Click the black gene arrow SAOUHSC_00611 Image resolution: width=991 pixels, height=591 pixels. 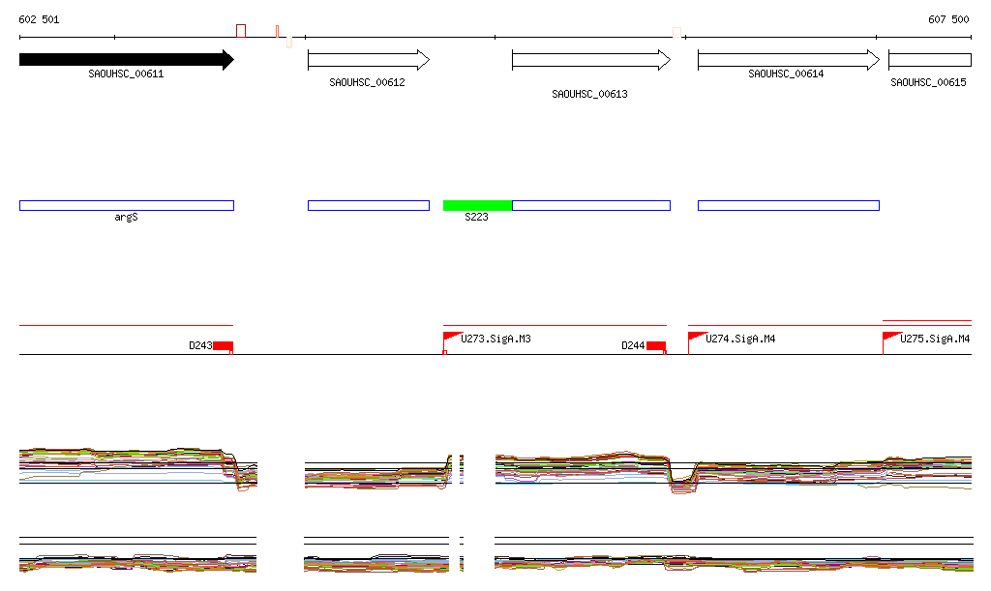[126, 60]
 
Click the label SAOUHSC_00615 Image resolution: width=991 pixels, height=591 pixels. [928, 83]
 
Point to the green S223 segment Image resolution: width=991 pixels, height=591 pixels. [477, 205]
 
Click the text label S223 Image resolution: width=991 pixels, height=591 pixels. [476, 218]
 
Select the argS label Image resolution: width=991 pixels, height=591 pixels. [127, 218]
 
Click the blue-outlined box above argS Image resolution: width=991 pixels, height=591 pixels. [126, 205]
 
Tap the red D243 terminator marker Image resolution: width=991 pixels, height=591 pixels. [224, 346]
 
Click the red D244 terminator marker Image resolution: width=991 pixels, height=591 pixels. [656, 346]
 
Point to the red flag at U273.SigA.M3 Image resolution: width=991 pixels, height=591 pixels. [450, 337]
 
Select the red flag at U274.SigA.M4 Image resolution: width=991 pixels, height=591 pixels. [695, 337]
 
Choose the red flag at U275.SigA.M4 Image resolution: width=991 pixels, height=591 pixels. [889, 337]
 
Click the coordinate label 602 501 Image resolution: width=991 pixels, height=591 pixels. [40, 19]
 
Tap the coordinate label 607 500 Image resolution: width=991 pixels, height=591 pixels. [948, 19]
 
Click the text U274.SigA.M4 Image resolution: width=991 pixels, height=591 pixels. [740, 340]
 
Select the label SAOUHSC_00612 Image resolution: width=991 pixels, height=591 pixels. [367, 83]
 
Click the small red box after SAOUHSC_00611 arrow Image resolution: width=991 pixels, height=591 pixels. [241, 31]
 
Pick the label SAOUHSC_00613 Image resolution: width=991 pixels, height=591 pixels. [589, 95]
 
